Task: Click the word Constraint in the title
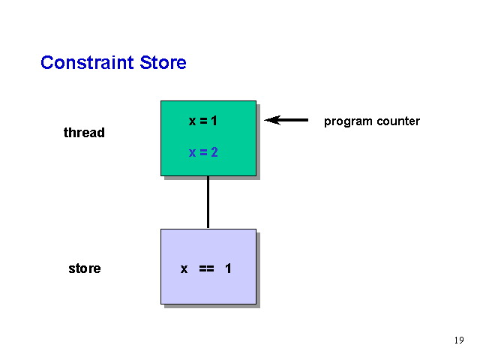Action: tap(87, 62)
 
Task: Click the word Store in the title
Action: tap(163, 62)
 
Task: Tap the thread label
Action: tap(84, 133)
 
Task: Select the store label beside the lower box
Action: tap(85, 268)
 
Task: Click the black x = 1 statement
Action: tap(203, 121)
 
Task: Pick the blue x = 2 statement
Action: tap(203, 152)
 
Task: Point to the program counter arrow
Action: tap(286, 120)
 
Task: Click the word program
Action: tap(348, 121)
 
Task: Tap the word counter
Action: tap(398, 121)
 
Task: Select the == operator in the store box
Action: tap(207, 268)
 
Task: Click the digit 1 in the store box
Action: tap(228, 268)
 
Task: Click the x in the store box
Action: tap(184, 269)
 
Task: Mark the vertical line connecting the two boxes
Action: tap(208, 202)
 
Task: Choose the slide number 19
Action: tap(459, 340)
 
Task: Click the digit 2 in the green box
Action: tap(214, 152)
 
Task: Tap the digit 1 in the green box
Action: tap(214, 121)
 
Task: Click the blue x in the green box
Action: tap(192, 152)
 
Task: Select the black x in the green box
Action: tap(192, 121)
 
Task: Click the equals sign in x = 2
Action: tap(203, 152)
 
